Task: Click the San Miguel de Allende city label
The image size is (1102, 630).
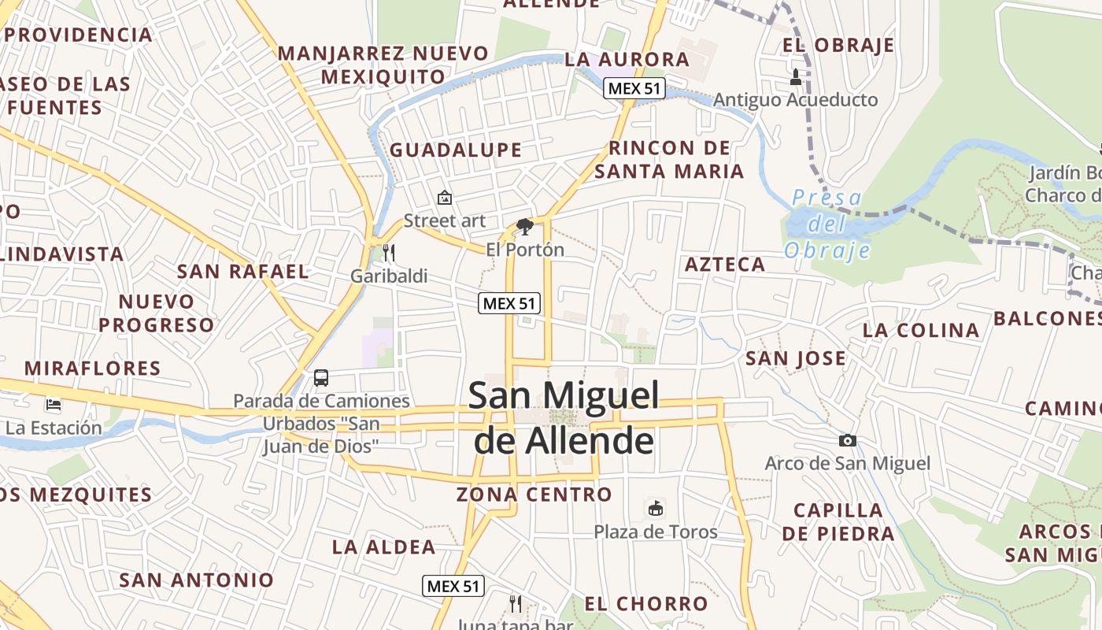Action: (x=564, y=417)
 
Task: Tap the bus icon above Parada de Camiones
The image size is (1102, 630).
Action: (x=321, y=377)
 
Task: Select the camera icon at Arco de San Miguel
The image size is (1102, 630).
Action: (x=847, y=440)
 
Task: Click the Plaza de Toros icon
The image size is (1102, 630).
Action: (x=655, y=508)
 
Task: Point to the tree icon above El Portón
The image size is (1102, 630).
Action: (x=524, y=228)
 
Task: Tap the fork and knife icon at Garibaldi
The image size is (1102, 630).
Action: (x=388, y=253)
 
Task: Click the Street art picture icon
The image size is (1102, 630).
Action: (x=445, y=198)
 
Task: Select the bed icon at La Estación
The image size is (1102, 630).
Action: (x=54, y=405)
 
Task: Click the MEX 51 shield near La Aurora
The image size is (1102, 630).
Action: (x=634, y=88)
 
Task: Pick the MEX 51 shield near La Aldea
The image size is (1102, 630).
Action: (x=453, y=586)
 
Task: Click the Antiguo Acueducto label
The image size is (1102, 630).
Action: (x=795, y=100)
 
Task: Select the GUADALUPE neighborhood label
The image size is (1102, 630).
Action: (x=456, y=150)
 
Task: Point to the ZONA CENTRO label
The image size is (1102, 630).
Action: (x=534, y=495)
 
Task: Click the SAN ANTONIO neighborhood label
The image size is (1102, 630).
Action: (x=196, y=580)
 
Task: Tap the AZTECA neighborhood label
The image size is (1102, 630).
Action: (x=725, y=265)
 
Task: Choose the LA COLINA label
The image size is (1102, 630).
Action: (x=921, y=330)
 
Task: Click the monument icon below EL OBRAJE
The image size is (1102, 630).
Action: (x=795, y=76)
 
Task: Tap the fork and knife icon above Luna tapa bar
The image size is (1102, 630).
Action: (x=516, y=604)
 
